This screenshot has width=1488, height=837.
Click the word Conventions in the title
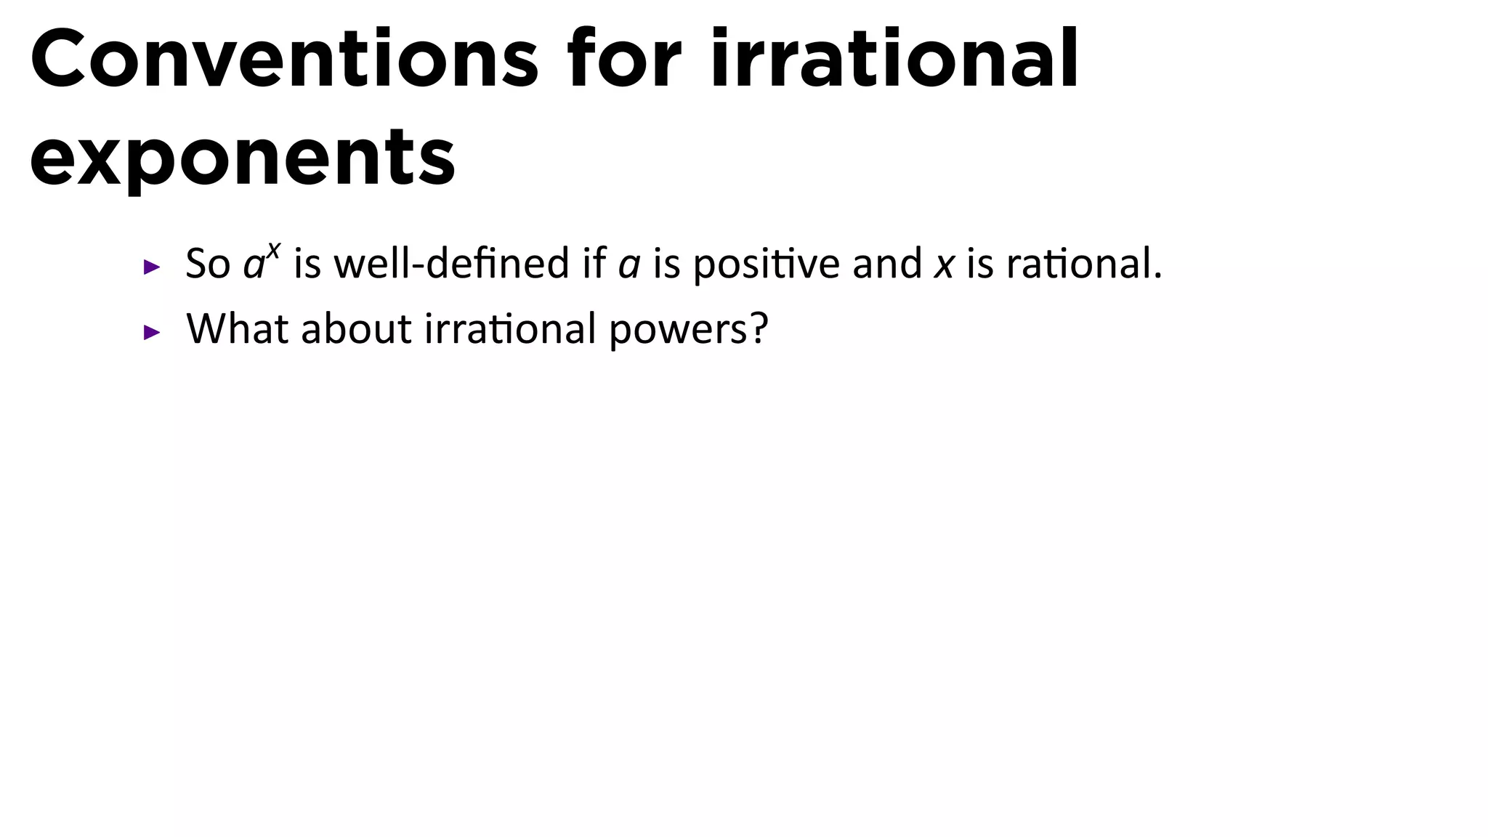coord(283,60)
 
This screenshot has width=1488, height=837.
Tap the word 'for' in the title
coord(625,60)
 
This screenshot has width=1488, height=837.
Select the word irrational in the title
coord(894,60)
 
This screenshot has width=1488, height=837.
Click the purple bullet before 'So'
coord(152,267)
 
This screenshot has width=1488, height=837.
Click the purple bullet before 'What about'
coord(152,333)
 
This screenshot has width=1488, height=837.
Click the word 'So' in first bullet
coord(208,264)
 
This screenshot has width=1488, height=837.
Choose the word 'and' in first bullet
coord(886,264)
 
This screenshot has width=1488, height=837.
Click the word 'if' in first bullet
coord(594,263)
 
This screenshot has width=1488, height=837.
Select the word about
coord(356,328)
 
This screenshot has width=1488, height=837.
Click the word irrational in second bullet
coord(510,328)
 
